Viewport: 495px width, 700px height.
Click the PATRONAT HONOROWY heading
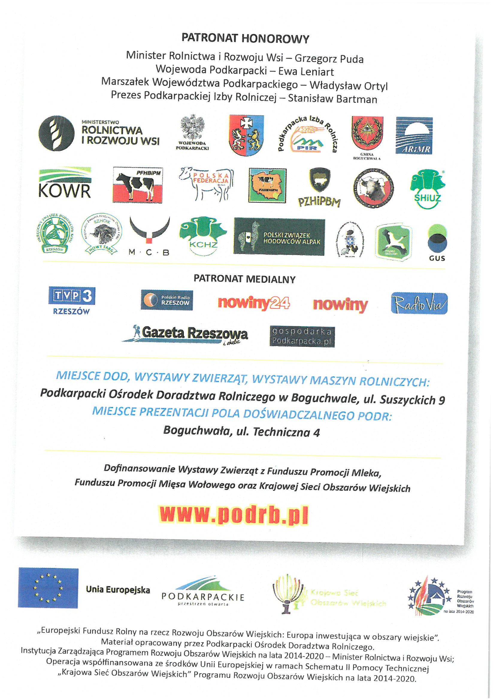pos(245,39)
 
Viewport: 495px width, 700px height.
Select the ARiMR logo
pos(414,136)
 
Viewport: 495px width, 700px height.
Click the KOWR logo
pos(65,183)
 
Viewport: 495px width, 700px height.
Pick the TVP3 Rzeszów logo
pos(72,300)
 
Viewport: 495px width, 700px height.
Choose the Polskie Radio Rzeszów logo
pos(166,300)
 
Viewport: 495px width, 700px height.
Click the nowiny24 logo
pos(253,303)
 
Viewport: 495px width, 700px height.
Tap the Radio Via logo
pos(419,303)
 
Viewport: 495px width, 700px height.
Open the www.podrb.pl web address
pos(233,515)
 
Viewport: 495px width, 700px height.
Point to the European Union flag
pos(48,588)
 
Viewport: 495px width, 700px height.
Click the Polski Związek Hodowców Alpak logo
pos(279,237)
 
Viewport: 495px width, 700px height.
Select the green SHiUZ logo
pos(427,189)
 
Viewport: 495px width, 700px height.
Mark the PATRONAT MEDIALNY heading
pos(244,279)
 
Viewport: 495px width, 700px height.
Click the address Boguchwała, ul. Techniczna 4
pos(241,431)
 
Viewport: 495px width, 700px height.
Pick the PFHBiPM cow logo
pos(137,185)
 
